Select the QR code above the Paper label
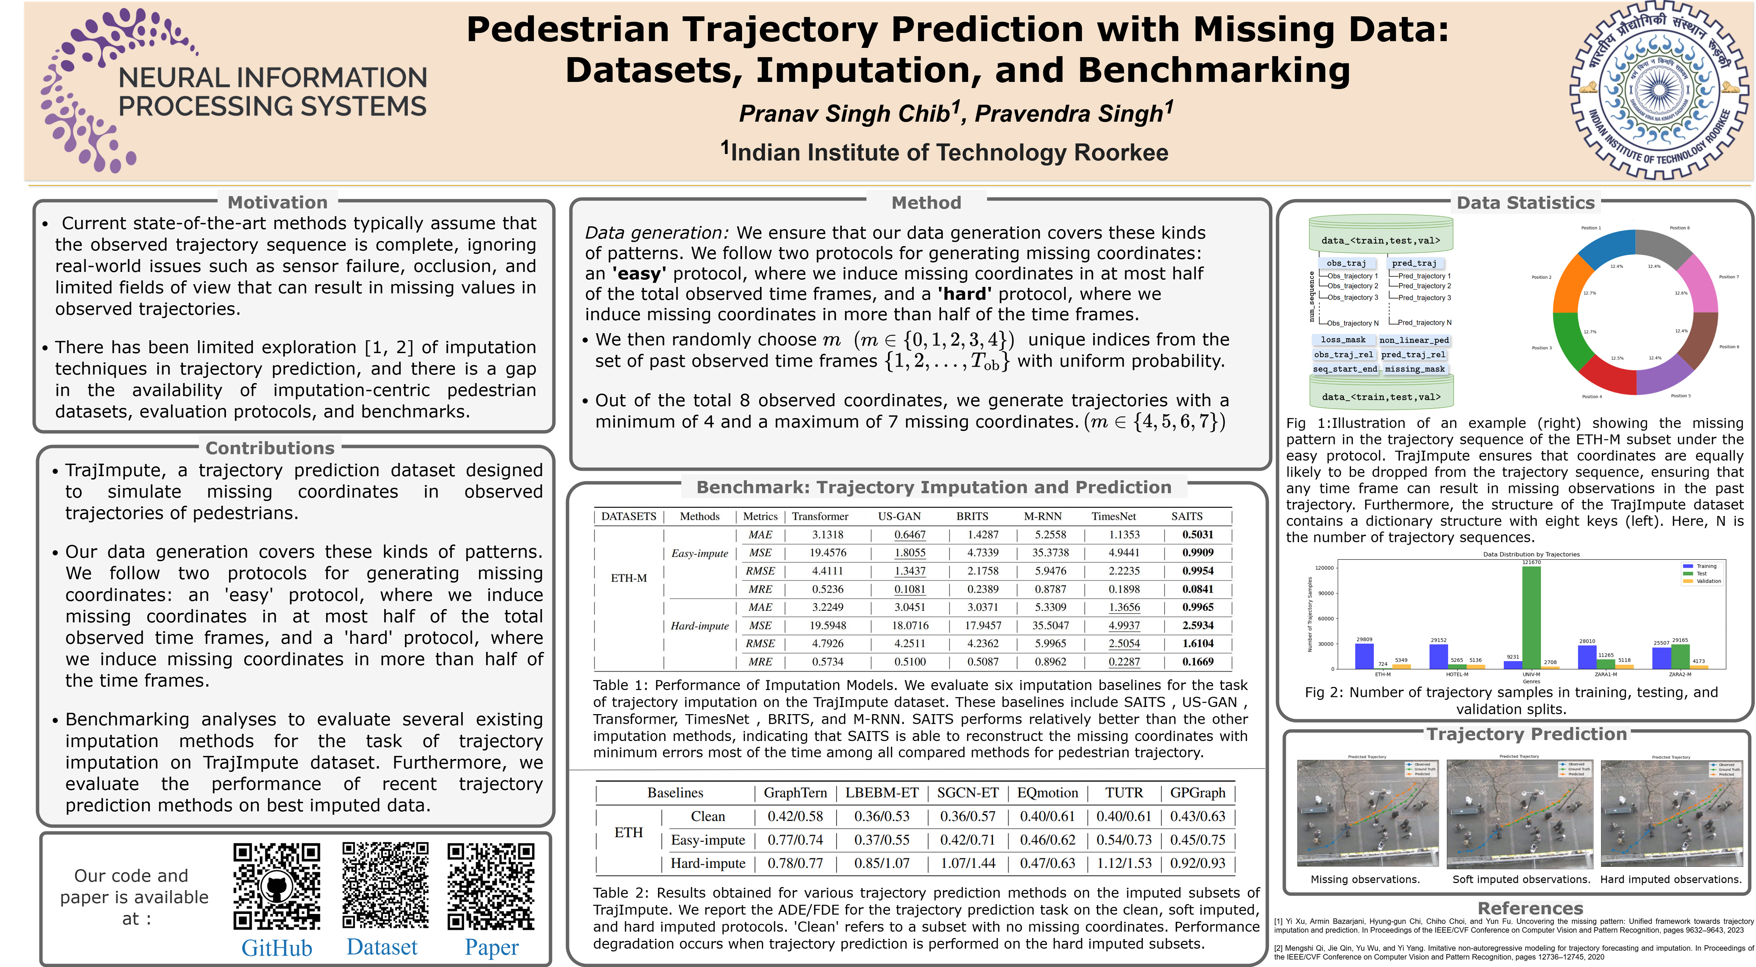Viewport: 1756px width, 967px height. [x=491, y=886]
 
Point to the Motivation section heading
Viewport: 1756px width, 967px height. [x=278, y=203]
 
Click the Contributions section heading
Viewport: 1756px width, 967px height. [x=270, y=448]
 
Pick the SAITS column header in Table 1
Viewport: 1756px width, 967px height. [x=1187, y=516]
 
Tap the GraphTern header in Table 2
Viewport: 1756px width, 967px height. [x=795, y=792]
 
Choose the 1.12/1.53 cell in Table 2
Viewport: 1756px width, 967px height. [x=1124, y=863]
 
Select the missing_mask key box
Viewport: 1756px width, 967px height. [x=1414, y=369]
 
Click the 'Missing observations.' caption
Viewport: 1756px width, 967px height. [x=1365, y=880]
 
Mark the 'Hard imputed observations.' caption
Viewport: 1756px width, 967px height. [x=1671, y=880]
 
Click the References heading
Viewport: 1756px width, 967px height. [x=1530, y=908]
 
